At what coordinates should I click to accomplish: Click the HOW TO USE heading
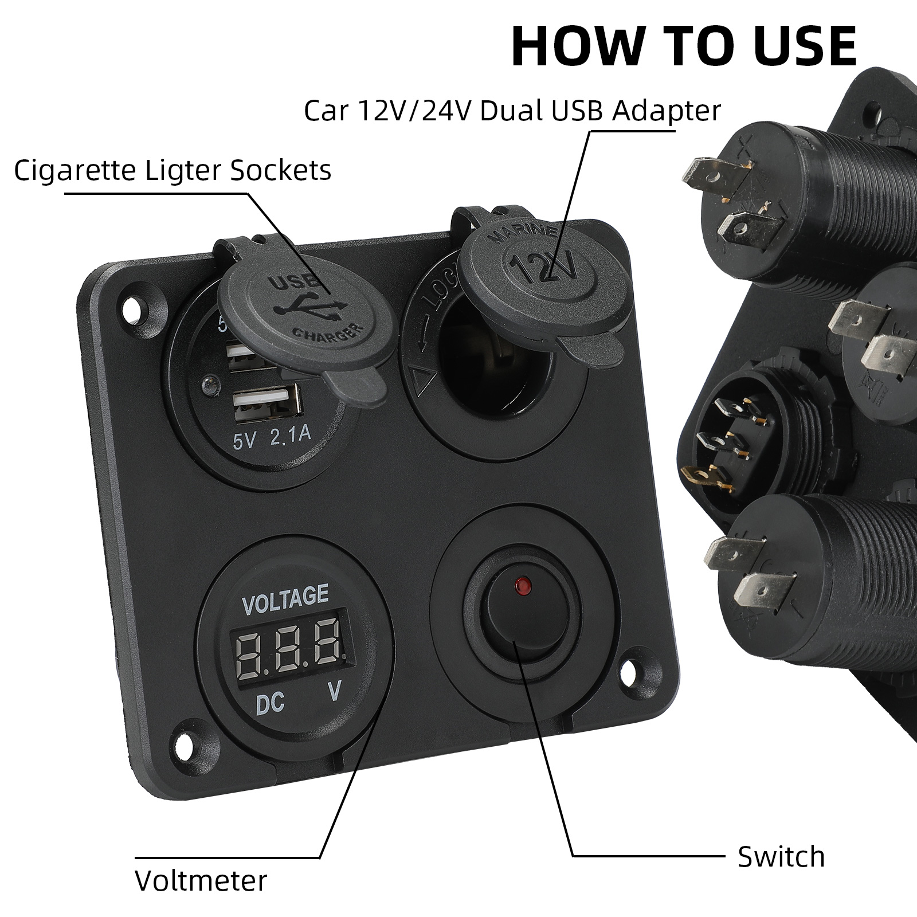click(x=684, y=46)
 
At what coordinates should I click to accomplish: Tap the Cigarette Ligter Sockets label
click(x=173, y=170)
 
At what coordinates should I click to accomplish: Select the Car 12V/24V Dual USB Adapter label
click(x=512, y=110)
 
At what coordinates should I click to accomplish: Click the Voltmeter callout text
click(x=201, y=880)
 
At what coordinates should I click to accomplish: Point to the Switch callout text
click(x=781, y=857)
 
